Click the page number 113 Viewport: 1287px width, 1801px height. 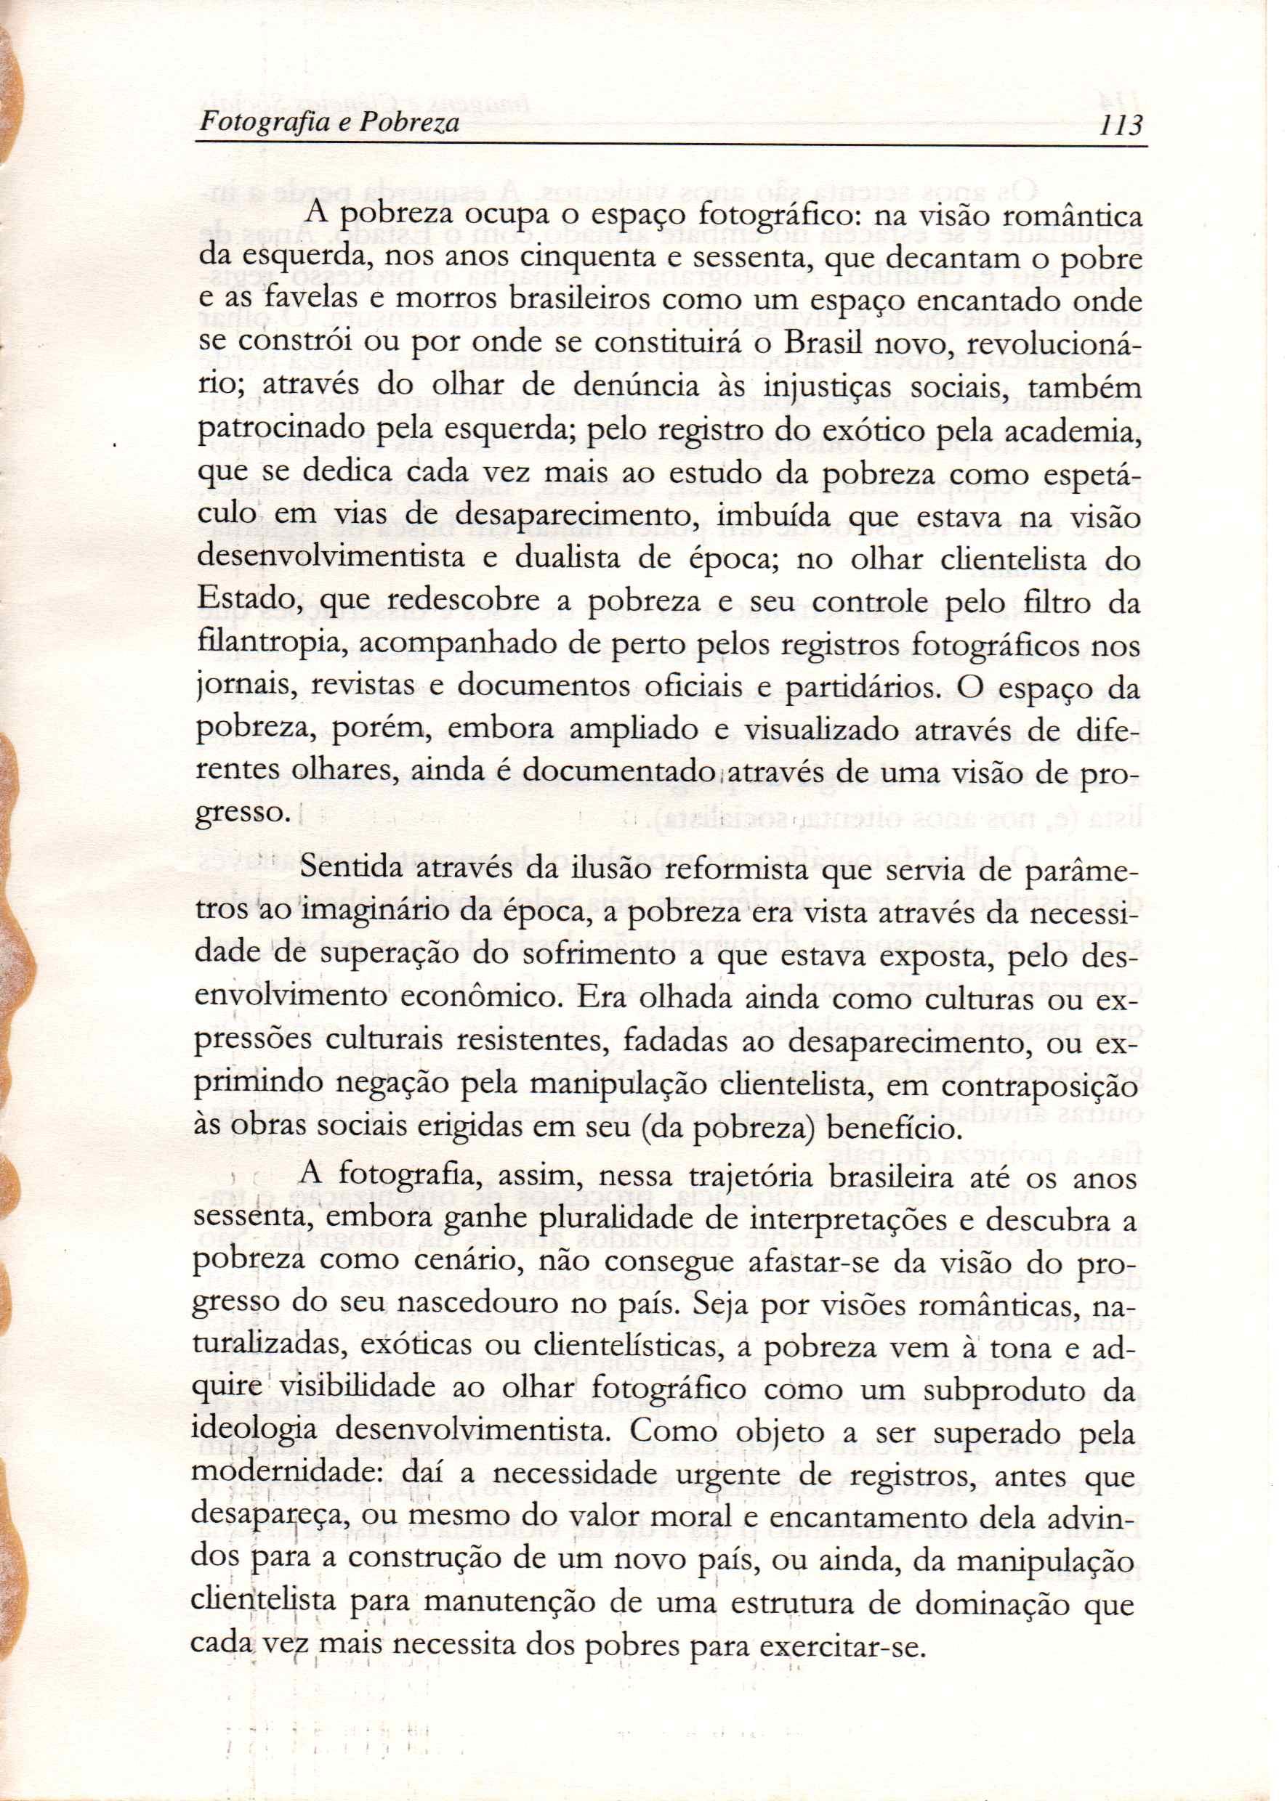pyautogui.click(x=1118, y=125)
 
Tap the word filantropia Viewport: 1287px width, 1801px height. pyautogui.click(x=269, y=648)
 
